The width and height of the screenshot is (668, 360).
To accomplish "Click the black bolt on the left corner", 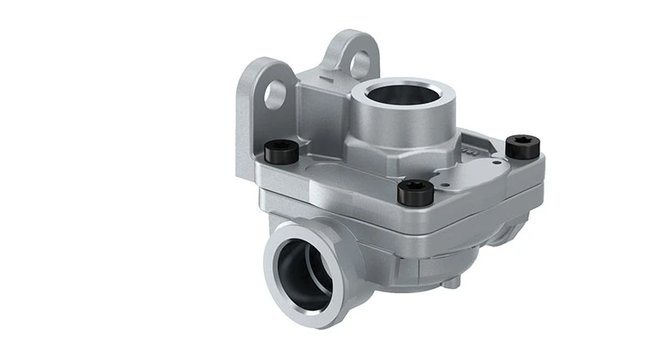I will tap(281, 152).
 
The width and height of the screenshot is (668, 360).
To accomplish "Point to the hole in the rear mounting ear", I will tap(361, 63).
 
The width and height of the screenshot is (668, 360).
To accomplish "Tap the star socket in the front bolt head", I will tap(415, 188).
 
